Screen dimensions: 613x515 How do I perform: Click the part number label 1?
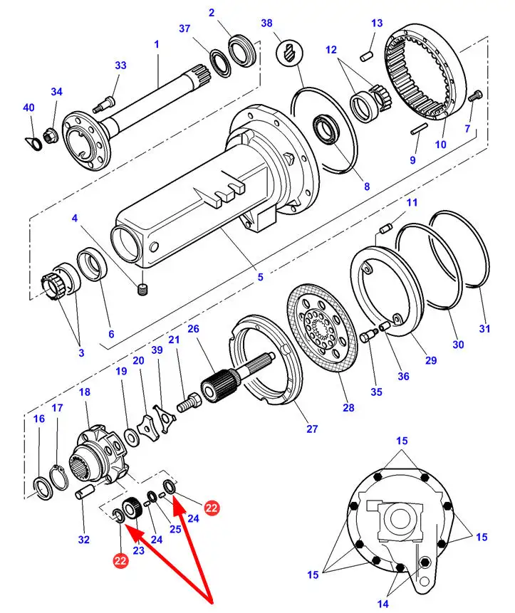coord(156,44)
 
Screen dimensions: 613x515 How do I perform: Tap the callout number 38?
coord(266,23)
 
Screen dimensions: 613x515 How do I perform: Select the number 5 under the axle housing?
coord(260,276)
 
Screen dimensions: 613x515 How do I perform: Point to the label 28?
coord(348,409)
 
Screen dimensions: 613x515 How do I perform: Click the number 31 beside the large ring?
coord(484,328)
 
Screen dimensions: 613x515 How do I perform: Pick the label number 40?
coord(28,108)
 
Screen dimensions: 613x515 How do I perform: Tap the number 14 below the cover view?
coord(383,604)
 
